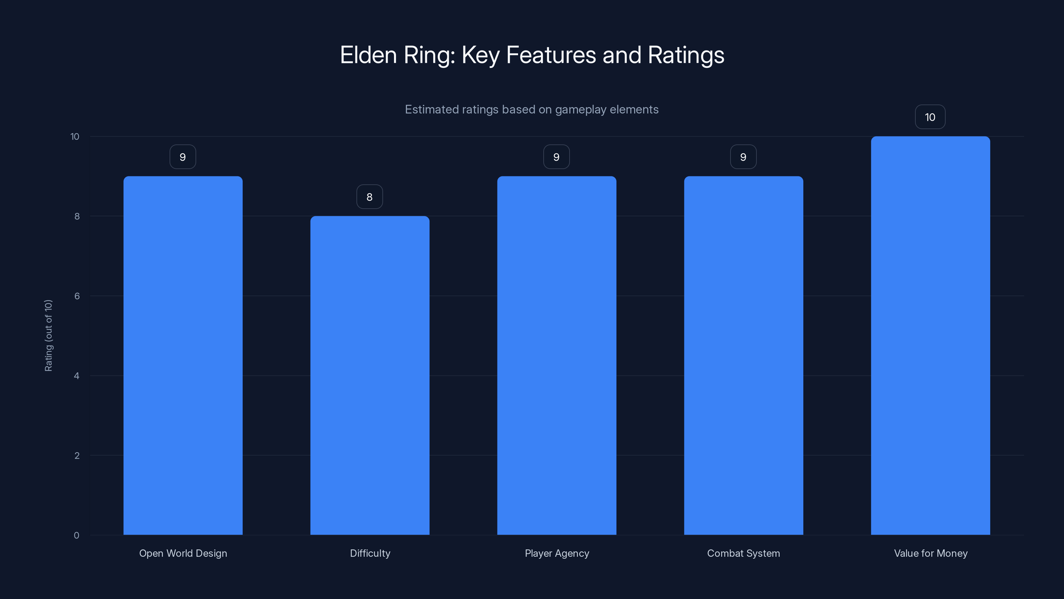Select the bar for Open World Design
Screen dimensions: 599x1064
pos(183,355)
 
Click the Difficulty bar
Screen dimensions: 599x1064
pos(370,375)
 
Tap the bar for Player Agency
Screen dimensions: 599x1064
pos(556,355)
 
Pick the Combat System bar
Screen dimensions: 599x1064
pos(743,355)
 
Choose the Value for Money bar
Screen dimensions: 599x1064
pos(930,336)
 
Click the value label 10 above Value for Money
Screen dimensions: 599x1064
pos(930,117)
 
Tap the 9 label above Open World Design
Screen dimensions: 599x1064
pos(183,157)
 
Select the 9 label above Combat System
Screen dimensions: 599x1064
pos(743,157)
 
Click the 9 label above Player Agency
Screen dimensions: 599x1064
pos(556,157)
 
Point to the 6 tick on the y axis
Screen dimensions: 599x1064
pos(77,296)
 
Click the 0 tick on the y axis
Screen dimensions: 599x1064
pos(76,535)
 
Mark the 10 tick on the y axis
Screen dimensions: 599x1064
pos(75,137)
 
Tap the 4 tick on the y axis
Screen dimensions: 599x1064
pos(76,376)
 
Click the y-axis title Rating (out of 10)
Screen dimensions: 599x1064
pos(48,336)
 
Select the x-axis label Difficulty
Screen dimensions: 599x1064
pos(370,553)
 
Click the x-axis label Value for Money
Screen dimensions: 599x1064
pos(931,553)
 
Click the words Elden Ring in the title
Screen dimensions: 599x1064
pos(397,55)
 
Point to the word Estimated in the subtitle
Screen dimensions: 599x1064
pos(431,109)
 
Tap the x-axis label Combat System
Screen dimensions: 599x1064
pos(743,553)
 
